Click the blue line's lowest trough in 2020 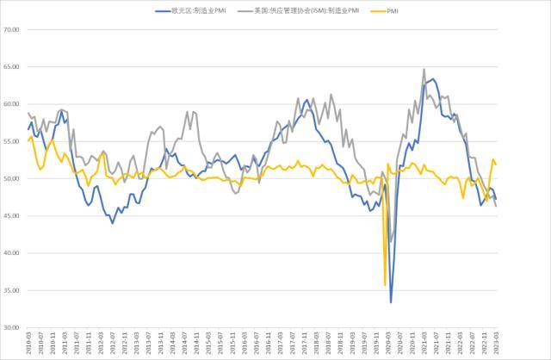pos(391,302)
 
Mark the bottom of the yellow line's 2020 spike pos(384,285)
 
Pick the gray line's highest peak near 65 pos(424,69)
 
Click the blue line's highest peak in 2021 pos(433,79)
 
